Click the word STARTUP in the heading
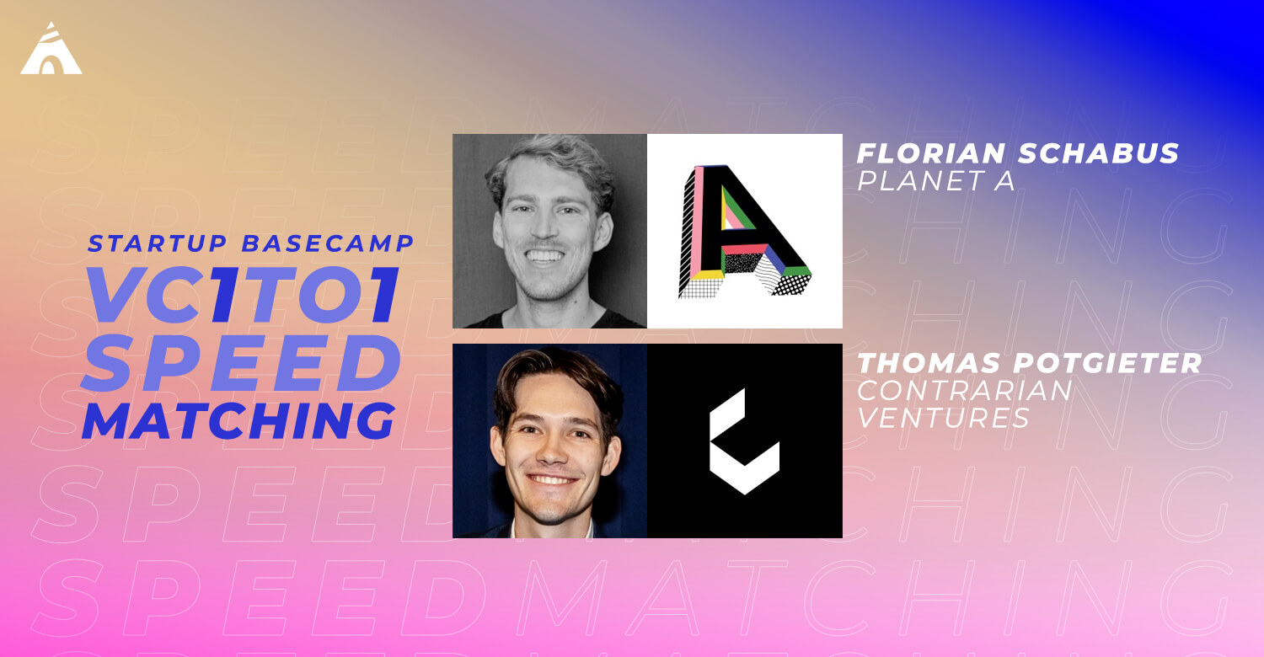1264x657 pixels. click(x=157, y=243)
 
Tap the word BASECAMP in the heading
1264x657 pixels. click(x=328, y=243)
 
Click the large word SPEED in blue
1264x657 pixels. click(x=241, y=362)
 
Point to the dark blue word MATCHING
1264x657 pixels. click(x=238, y=420)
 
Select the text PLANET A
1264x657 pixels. click(x=935, y=180)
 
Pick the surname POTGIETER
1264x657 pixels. click(x=1108, y=363)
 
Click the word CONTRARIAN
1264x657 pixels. click(x=964, y=390)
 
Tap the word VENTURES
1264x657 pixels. click(x=943, y=418)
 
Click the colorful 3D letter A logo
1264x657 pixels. click(x=744, y=232)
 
